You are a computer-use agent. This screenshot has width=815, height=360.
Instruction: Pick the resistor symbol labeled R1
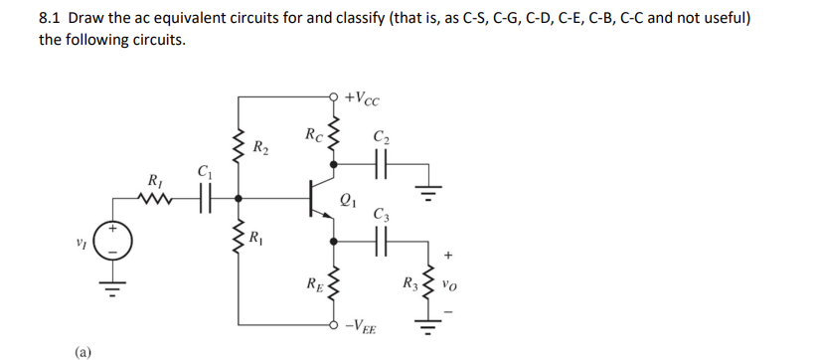coord(238,239)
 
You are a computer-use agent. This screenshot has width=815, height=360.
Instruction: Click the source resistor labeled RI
coord(157,195)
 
